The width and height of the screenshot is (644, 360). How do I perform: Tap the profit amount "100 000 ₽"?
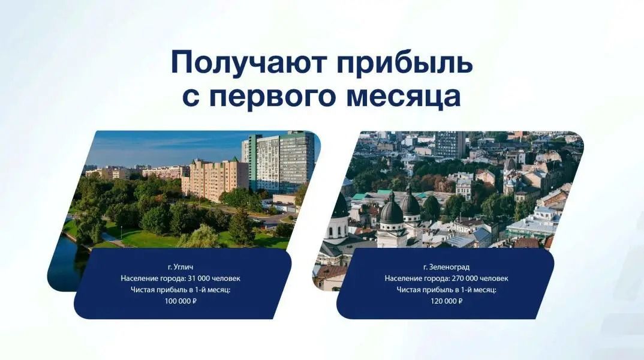[180, 301]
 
